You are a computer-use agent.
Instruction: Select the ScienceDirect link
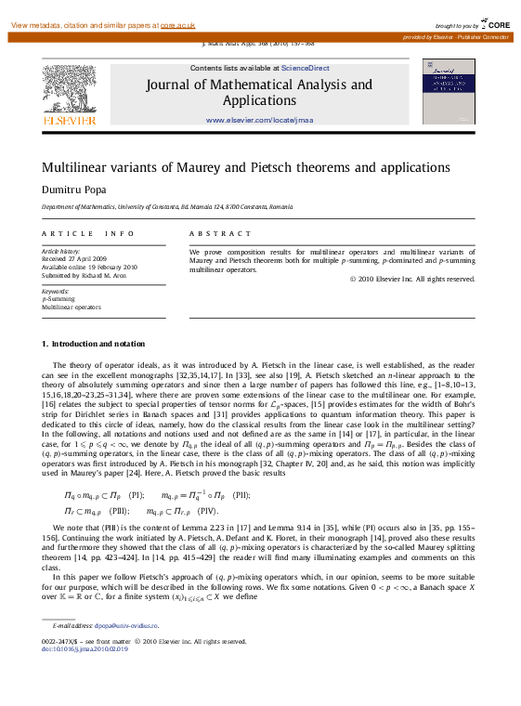click(306, 68)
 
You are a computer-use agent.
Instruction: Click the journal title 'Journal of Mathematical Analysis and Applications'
click(259, 92)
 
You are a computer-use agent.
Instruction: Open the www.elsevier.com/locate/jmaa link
click(259, 121)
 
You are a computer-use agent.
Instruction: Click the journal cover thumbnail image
click(448, 92)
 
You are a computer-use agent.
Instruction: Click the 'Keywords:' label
click(56, 292)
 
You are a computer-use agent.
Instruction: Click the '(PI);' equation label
click(137, 496)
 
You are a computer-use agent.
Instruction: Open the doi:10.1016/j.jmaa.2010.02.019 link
click(89, 648)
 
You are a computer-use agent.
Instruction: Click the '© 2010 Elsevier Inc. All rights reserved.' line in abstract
click(411, 279)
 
